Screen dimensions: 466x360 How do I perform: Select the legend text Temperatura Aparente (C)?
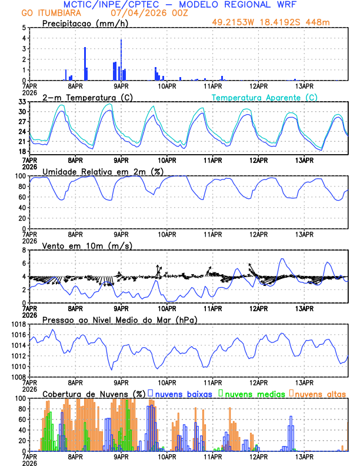pos(264,97)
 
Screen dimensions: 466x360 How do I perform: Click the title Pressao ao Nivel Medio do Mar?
pos(119,319)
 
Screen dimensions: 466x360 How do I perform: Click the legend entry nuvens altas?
pos(320,393)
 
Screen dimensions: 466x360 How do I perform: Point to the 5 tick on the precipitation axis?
pos(24,28)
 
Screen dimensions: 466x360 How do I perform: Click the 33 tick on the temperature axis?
pos(22,102)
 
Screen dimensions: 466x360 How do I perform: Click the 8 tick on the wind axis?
pos(24,250)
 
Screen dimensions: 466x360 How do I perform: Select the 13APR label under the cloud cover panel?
pos(304,456)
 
